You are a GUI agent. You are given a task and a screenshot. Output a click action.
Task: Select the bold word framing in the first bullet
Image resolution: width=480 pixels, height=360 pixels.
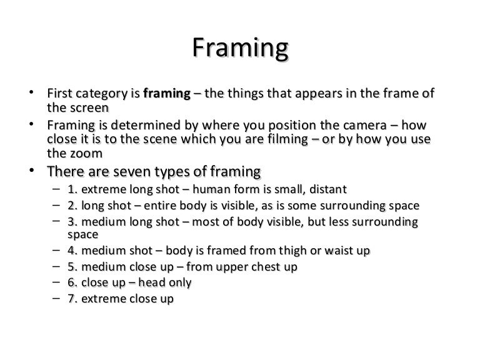tap(167, 94)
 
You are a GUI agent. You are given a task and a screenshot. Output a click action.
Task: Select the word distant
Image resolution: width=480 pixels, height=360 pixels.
tap(326, 189)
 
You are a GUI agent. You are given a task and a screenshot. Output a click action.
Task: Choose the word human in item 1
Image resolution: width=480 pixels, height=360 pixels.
tap(209, 189)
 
